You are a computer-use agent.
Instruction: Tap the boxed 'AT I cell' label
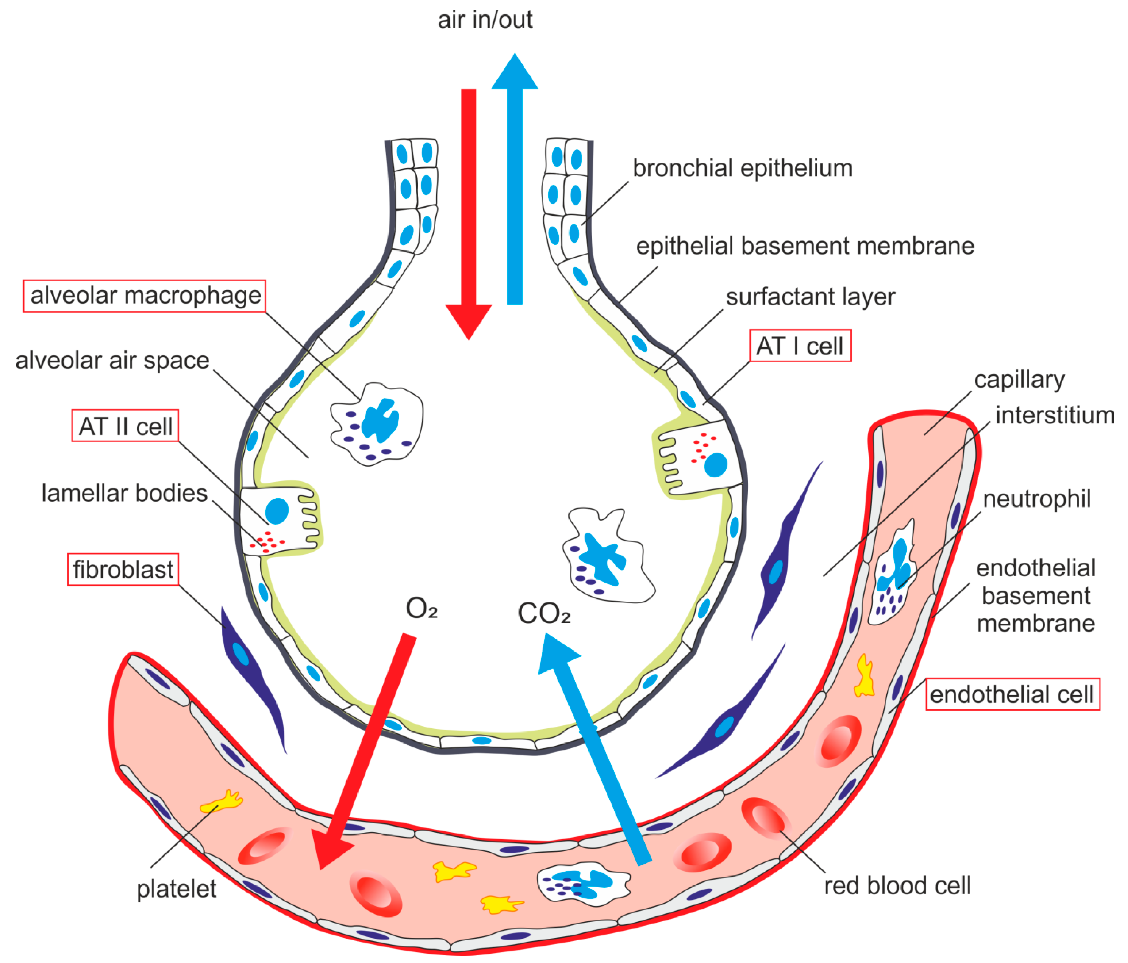click(800, 346)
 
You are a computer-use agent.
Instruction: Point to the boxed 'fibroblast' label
click(123, 570)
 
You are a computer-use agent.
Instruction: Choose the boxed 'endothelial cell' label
click(1012, 694)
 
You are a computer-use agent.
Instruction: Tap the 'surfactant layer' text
click(810, 297)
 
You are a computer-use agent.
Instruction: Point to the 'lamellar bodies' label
click(125, 493)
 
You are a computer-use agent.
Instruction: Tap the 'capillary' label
click(1019, 380)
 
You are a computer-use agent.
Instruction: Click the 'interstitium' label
click(1055, 415)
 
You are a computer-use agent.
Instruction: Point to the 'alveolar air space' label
click(112, 360)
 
